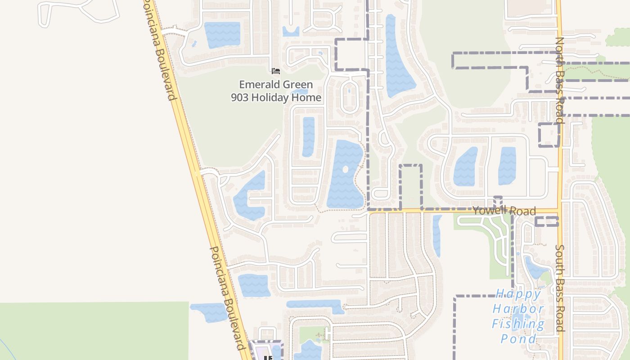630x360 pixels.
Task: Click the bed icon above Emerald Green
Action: pyautogui.click(x=276, y=71)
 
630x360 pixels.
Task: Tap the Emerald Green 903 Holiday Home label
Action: pyautogui.click(x=276, y=91)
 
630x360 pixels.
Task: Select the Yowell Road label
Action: pyautogui.click(x=504, y=211)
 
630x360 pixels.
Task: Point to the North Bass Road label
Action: pyautogui.click(x=559, y=80)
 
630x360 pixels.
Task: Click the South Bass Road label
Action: pyautogui.click(x=559, y=288)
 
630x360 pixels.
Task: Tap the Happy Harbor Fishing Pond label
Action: pyautogui.click(x=518, y=316)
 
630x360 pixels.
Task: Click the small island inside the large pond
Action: pyautogui.click(x=346, y=170)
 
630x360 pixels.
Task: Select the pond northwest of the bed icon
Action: pyautogui.click(x=222, y=34)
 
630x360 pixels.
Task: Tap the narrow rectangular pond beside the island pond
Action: pyautogui.click(x=308, y=136)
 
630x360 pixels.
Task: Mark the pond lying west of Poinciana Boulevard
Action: pyautogui.click(x=210, y=312)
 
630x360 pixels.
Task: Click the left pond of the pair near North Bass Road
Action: pyautogui.click(x=465, y=167)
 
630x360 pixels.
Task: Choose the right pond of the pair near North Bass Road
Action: pyautogui.click(x=507, y=166)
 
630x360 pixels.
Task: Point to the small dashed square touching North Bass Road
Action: pyautogui.click(x=549, y=135)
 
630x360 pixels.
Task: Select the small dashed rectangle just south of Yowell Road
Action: pyautogui.click(x=546, y=221)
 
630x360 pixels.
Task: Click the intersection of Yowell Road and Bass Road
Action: pyautogui.click(x=559, y=211)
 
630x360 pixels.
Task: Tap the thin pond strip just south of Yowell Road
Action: pyautogui.click(x=436, y=235)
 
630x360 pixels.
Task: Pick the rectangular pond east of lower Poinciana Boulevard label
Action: pyautogui.click(x=254, y=285)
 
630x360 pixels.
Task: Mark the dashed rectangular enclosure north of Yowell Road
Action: pyautogui.click(x=411, y=187)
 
